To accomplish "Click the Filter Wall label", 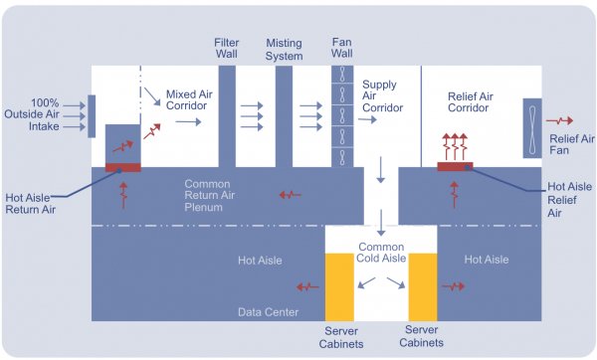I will (x=227, y=49).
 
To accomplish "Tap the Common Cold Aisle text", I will (x=381, y=252).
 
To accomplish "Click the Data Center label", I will (x=268, y=311).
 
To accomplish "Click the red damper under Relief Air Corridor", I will (x=456, y=166).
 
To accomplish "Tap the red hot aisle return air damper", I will (x=122, y=166).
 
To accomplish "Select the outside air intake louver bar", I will (x=92, y=115).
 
